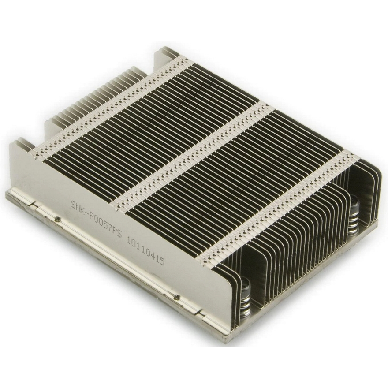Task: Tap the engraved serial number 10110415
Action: [145, 250]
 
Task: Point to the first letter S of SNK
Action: [74, 205]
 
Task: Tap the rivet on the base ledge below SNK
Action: [58, 219]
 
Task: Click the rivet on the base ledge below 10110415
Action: [176, 296]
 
